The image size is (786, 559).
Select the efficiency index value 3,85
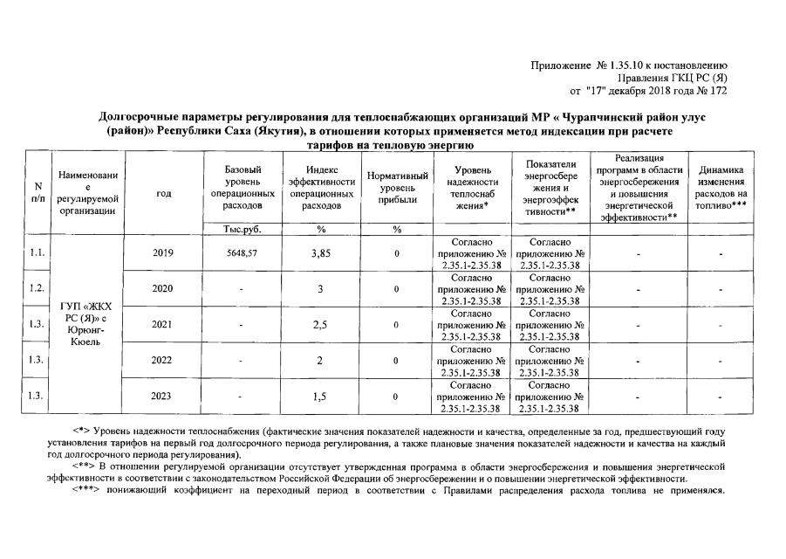click(321, 253)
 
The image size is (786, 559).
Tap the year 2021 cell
click(162, 325)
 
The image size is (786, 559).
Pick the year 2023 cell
click(162, 397)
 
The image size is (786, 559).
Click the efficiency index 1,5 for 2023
click(321, 397)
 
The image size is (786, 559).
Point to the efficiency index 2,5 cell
click(321, 325)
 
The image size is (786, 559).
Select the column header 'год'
click(162, 194)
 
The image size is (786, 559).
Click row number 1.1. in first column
click(37, 253)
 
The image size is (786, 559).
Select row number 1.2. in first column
click(37, 288)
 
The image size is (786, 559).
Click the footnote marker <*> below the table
click(81, 431)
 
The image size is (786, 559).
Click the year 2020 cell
click(162, 288)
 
